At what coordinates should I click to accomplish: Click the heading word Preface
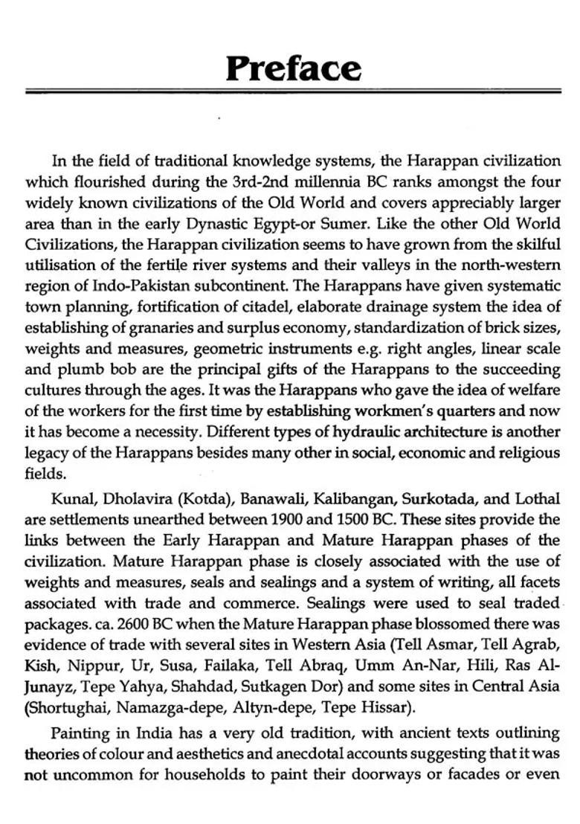point(294,68)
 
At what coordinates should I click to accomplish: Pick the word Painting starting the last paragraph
point(78,733)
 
